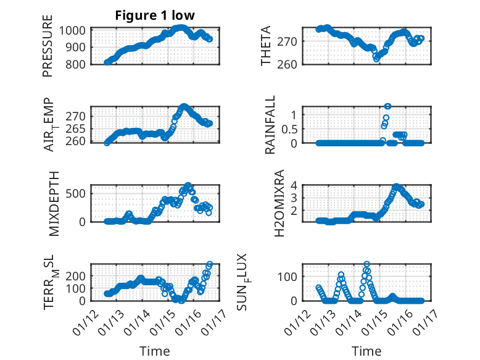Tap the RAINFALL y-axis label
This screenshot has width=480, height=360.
271,125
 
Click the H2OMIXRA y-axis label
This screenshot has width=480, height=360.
279,203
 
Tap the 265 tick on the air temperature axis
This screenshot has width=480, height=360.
80,129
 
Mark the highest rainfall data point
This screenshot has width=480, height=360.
387,106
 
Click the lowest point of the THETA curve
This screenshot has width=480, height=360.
376,58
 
